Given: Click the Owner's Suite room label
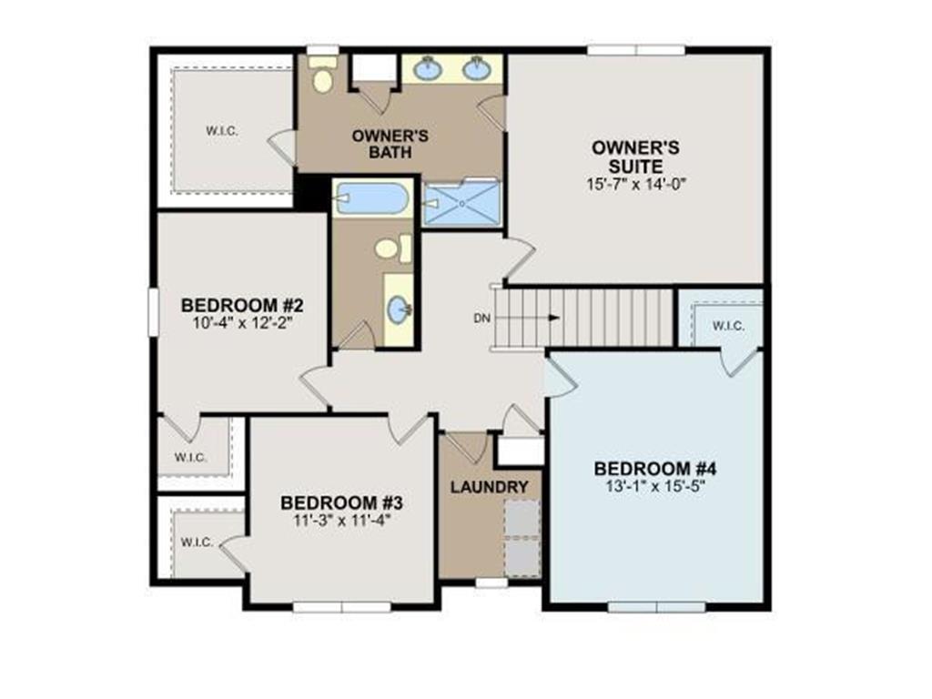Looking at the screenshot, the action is (635, 157).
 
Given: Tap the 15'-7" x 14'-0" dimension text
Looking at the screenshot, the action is (636, 184).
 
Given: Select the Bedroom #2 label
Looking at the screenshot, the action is (242, 306).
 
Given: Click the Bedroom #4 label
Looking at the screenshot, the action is (655, 469).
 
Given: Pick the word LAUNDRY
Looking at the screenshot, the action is (489, 488).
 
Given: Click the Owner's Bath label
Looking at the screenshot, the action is (390, 144).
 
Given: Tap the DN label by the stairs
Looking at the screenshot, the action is (482, 319).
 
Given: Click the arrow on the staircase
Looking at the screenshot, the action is (527, 318).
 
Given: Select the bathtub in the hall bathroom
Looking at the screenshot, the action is (371, 198).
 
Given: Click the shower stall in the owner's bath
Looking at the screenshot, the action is (461, 203).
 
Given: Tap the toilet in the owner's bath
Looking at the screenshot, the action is (323, 74).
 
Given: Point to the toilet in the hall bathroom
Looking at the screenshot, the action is (393, 248).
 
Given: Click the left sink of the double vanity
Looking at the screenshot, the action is (428, 69).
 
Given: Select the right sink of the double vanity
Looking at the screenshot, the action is (477, 69).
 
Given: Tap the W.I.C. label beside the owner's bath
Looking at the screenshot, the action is (222, 131).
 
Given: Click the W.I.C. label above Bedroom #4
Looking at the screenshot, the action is (728, 326).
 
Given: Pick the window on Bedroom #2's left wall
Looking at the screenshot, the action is (154, 312).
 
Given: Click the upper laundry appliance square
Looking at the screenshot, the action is (522, 518).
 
